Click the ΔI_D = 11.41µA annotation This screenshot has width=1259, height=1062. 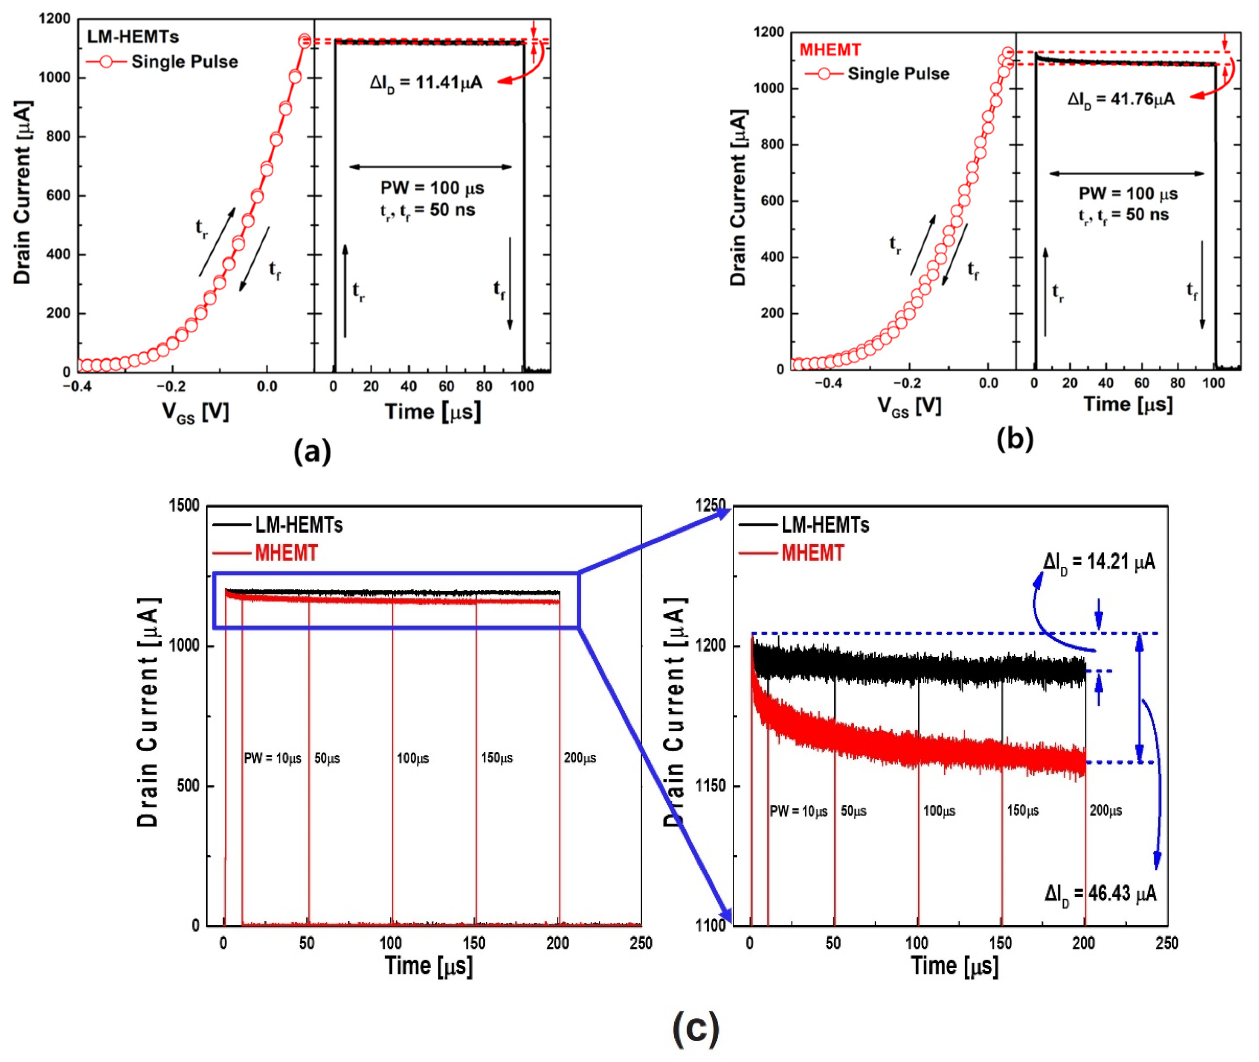[426, 83]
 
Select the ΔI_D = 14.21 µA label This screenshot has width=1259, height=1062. [1099, 562]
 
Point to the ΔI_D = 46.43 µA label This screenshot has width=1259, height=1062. [1101, 893]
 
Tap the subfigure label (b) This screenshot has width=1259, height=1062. [1015, 439]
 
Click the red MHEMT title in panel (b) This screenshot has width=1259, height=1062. [830, 50]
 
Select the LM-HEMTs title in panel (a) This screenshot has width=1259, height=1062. [133, 37]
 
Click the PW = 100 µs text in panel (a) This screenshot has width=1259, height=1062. [432, 188]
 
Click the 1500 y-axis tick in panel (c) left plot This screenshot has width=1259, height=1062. [184, 505]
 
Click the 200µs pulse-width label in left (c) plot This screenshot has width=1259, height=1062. [580, 758]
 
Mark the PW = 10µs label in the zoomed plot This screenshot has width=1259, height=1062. [798, 811]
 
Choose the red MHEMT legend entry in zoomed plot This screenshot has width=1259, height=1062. [812, 553]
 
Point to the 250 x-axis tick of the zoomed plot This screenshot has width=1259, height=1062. [1166, 943]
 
